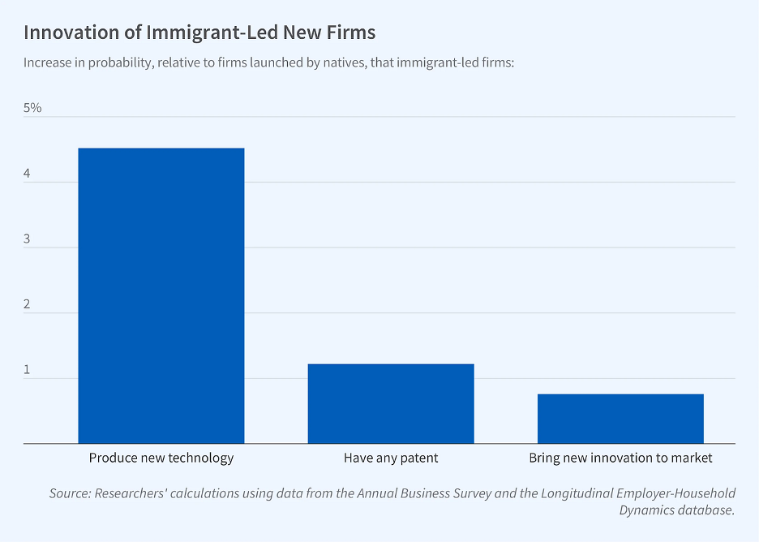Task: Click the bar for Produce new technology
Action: point(161,295)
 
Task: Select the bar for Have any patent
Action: point(391,403)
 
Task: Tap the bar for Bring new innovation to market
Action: point(620,419)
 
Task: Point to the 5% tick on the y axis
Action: point(32,108)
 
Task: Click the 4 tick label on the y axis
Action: point(28,174)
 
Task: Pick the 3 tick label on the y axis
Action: point(28,239)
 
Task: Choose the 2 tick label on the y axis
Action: point(28,304)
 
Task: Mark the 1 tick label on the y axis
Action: point(28,370)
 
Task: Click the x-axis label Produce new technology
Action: point(161,458)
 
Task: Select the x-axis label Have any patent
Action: point(391,458)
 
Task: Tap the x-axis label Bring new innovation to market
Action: point(620,458)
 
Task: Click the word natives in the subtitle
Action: point(345,62)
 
